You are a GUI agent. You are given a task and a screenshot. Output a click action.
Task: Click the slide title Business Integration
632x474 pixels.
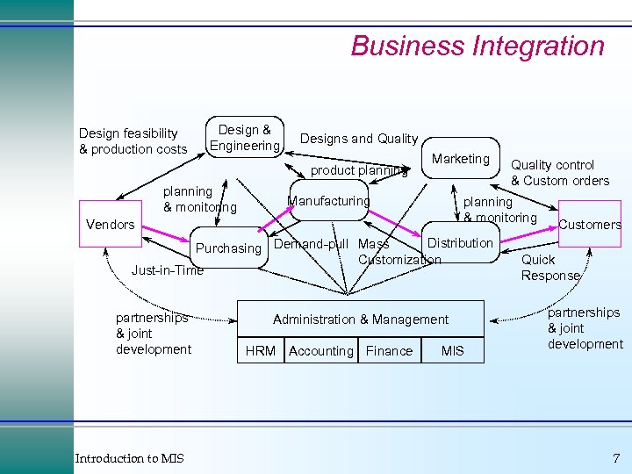tap(478, 46)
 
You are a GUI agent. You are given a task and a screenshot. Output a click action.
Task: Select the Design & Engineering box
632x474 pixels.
tap(245, 138)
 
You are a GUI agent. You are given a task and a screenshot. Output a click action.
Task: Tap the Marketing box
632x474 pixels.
tap(461, 159)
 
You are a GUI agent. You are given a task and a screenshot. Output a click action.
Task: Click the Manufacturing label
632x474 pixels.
tap(329, 201)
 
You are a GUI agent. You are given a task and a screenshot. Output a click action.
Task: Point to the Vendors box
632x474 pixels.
tap(111, 225)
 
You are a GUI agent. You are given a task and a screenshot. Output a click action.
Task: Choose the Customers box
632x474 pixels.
tap(590, 225)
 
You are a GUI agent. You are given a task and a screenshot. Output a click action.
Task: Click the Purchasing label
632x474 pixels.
tap(228, 248)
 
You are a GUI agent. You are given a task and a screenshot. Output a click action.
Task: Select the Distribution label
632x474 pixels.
tap(460, 243)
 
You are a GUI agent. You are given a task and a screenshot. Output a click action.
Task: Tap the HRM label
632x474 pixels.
tap(260, 351)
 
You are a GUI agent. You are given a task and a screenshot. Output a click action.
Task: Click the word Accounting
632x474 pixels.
tap(320, 351)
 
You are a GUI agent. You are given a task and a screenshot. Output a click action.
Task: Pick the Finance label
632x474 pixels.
tap(389, 351)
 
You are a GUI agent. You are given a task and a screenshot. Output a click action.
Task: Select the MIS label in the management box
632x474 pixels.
tap(453, 351)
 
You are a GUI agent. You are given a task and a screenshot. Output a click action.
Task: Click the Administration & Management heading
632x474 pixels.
tap(361, 320)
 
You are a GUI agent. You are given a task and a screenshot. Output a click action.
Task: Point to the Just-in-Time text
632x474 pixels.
tap(167, 270)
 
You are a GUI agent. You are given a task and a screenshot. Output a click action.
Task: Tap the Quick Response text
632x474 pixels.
tap(550, 268)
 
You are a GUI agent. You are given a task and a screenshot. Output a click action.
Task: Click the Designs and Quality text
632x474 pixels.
tap(359, 139)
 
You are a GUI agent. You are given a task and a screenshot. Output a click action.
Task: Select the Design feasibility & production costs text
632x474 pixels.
tap(133, 141)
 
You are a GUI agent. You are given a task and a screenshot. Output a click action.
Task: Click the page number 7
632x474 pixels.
tap(616, 458)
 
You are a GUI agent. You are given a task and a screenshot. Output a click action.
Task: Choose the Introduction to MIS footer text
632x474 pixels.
tap(129, 458)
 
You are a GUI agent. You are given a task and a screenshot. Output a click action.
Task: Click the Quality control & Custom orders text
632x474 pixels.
tap(559, 173)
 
